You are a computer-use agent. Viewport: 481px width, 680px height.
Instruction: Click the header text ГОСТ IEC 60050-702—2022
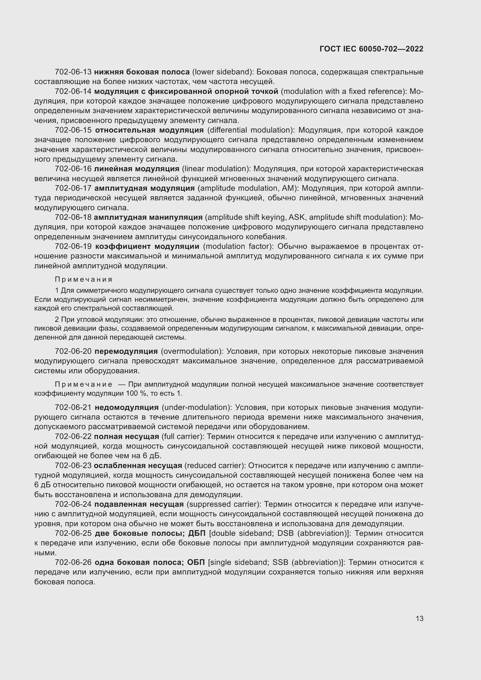[x=371, y=49]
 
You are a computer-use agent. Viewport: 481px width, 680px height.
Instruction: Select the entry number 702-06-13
[x=73, y=72]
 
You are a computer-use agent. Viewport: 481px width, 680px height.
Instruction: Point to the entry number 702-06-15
[x=74, y=130]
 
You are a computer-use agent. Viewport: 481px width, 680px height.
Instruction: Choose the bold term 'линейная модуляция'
[x=137, y=169]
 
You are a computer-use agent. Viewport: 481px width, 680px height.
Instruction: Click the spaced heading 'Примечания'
[x=83, y=280]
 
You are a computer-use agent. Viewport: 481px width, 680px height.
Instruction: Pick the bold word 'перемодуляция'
[x=126, y=351]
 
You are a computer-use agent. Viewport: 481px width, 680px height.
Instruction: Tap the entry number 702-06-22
[x=73, y=437]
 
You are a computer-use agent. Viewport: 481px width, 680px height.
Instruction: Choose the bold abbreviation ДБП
[x=197, y=533]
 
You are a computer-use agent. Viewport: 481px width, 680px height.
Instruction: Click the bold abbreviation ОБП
[x=196, y=563]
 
